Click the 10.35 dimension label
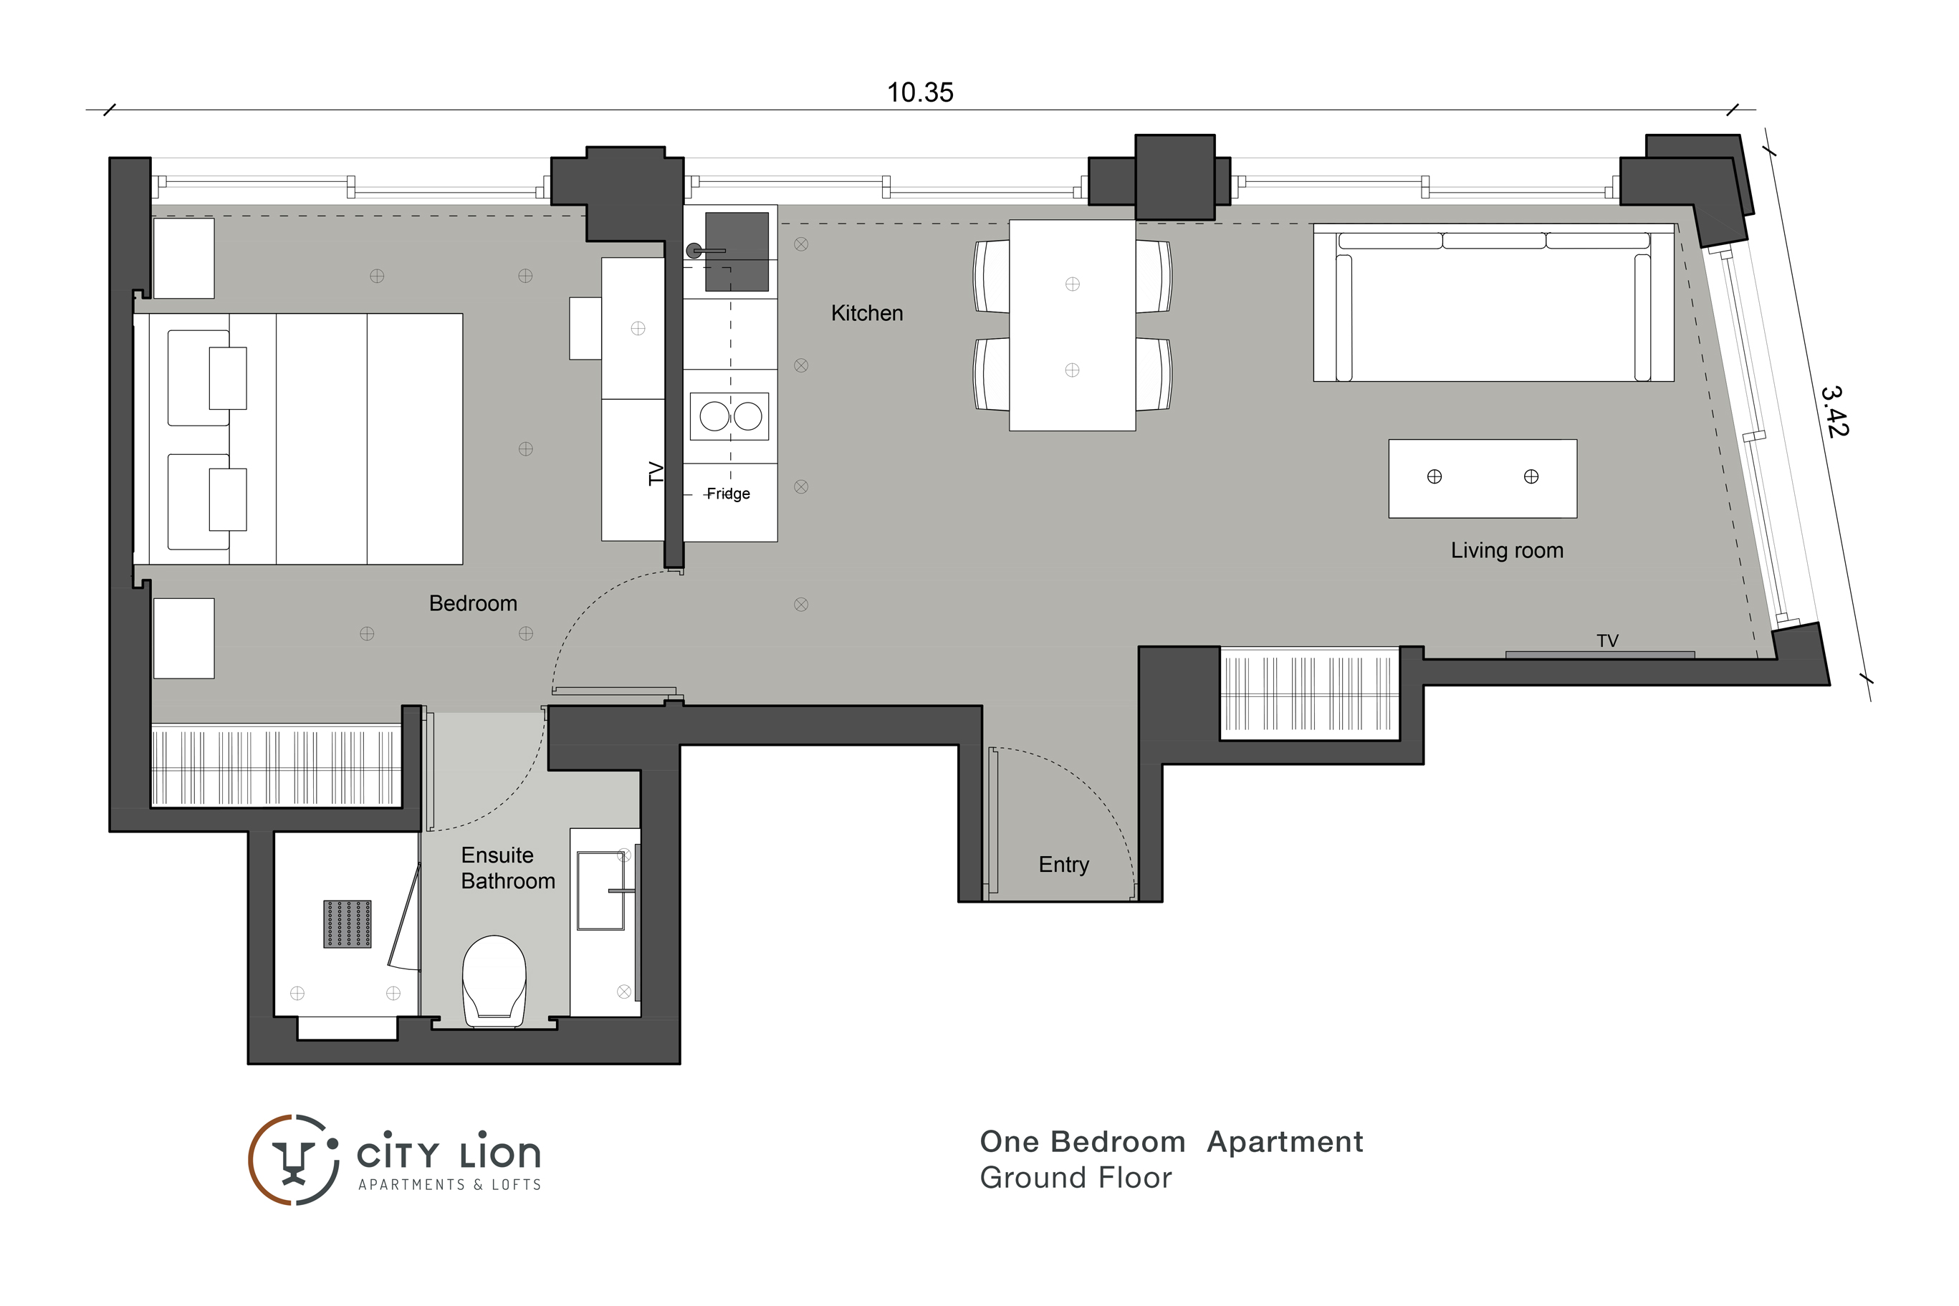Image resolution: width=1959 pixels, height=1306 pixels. tap(919, 92)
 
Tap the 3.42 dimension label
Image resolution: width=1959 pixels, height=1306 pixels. tap(1835, 410)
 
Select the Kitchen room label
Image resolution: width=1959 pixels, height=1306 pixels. tap(867, 313)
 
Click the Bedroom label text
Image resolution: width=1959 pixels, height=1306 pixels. tap(473, 603)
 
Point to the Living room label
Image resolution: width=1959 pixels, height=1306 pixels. tap(1507, 550)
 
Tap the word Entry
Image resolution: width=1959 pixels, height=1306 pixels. tap(1063, 865)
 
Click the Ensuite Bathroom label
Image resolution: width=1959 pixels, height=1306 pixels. tap(508, 868)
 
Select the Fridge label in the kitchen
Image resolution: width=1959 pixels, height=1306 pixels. tap(728, 494)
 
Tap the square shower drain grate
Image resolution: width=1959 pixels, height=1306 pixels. tap(348, 923)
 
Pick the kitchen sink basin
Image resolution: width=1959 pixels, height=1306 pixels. tap(737, 251)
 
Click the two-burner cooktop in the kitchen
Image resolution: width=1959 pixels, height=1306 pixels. tap(729, 416)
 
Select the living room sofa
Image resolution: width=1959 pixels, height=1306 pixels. tap(1493, 302)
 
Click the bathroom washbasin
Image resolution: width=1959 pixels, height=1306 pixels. tap(600, 890)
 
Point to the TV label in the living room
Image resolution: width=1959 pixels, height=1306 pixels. tap(1606, 640)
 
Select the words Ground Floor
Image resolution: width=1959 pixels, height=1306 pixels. tap(1076, 1178)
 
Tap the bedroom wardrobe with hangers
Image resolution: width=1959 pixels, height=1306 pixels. tap(276, 767)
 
